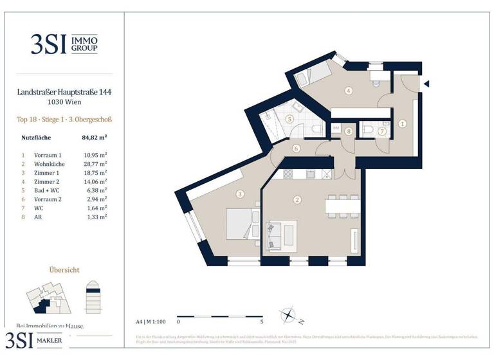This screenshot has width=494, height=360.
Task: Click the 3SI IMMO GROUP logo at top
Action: (x=64, y=43)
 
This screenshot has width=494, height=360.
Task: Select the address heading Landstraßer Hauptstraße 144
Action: (x=64, y=93)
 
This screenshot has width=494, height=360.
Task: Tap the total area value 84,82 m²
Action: (x=94, y=137)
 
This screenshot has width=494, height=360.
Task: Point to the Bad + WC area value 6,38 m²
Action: (x=96, y=191)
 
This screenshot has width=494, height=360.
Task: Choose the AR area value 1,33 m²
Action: (x=96, y=217)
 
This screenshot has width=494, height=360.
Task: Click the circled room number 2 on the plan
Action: (x=297, y=200)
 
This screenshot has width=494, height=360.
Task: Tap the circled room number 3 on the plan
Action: (x=239, y=194)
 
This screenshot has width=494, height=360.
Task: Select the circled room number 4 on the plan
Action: (x=348, y=91)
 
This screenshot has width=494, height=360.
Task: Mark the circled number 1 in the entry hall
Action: (x=402, y=123)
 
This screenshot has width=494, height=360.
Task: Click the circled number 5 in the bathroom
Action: (x=289, y=119)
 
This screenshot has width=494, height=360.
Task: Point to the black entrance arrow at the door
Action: (x=426, y=83)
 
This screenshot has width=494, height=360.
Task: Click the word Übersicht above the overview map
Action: (x=64, y=270)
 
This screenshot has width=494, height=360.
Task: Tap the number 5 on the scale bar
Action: (x=261, y=321)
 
